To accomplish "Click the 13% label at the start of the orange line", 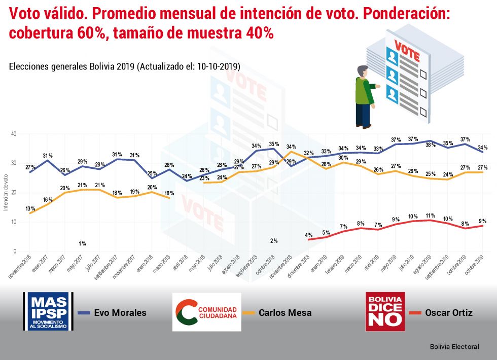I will (29, 208).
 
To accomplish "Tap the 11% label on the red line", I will (430, 215).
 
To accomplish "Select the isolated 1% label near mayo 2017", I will (82, 243).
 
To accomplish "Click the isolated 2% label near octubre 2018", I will (274, 241).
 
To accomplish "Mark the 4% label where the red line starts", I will (308, 235).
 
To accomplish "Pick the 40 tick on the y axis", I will (14, 134).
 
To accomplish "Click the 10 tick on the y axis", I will (14, 222).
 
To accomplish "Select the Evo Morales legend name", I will (120, 313).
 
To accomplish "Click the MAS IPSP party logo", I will (48, 311).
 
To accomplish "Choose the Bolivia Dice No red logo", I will (385, 311).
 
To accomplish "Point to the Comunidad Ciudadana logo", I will (206, 311).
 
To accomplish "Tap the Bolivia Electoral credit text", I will (454, 347).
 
